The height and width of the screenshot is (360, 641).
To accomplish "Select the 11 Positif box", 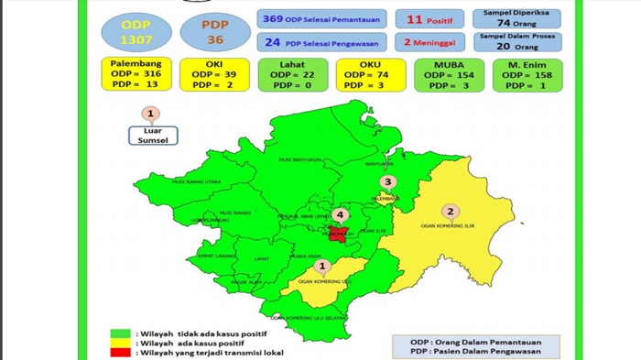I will click(x=431, y=18).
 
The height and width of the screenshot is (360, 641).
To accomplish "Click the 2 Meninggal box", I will click(x=431, y=41).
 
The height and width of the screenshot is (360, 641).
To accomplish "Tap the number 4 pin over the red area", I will click(x=341, y=215).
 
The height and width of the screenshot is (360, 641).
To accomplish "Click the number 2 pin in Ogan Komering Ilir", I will click(x=451, y=210).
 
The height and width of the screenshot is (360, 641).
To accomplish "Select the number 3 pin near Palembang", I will click(x=387, y=182).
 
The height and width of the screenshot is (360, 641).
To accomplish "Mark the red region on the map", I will click(x=340, y=233).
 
